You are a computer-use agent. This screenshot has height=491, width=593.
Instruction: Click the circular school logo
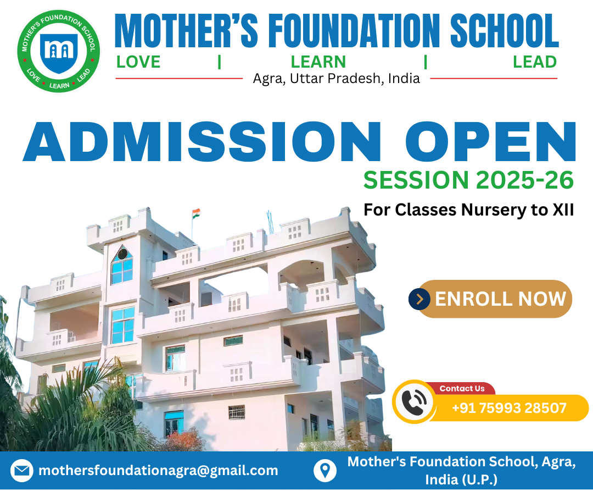pyautogui.click(x=59, y=51)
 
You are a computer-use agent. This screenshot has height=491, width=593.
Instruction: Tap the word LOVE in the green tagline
pyautogui.click(x=138, y=62)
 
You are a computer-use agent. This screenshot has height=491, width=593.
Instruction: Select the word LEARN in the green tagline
pyautogui.click(x=318, y=62)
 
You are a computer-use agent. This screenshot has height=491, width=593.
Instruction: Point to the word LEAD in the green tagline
pyautogui.click(x=535, y=62)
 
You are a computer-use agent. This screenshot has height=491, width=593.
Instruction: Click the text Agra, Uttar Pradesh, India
pyautogui.click(x=336, y=79)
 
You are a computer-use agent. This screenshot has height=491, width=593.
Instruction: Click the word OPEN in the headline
pyautogui.click(x=491, y=142)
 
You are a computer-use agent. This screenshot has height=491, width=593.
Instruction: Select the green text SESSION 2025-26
pyautogui.click(x=468, y=180)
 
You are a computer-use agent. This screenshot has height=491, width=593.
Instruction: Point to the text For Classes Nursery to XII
pyautogui.click(x=468, y=209)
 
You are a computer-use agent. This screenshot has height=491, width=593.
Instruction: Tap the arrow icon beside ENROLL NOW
pyautogui.click(x=419, y=299)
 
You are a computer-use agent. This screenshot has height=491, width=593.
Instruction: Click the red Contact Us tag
pyautogui.click(x=462, y=388)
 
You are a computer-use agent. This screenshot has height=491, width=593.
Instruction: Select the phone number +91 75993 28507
pyautogui.click(x=509, y=408)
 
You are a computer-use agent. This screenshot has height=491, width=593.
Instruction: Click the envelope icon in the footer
pyautogui.click(x=21, y=471)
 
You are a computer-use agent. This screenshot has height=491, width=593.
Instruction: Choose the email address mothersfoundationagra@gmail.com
pyautogui.click(x=159, y=471)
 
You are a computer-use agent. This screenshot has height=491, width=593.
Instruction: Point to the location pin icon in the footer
pyautogui.click(x=325, y=471)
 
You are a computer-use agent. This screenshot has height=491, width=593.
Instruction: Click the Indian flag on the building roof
pyautogui.click(x=196, y=213)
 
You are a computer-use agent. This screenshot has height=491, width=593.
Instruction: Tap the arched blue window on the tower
pyautogui.click(x=122, y=265)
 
